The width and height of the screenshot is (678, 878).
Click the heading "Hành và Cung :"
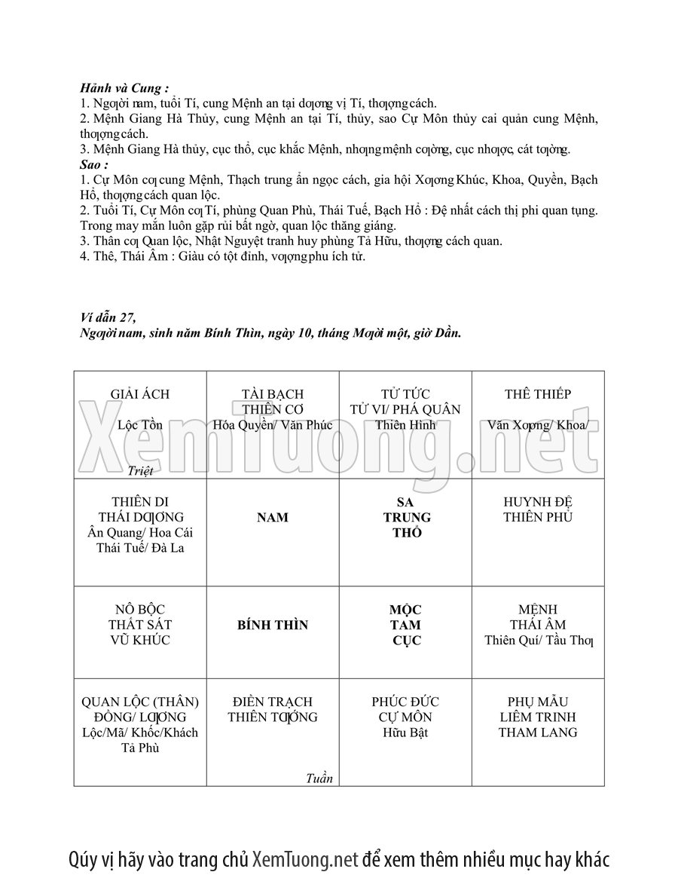point(124,88)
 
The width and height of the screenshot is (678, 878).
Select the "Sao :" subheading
point(94,164)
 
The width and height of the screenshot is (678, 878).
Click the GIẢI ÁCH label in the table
point(140,394)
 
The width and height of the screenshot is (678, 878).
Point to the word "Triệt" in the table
point(140,471)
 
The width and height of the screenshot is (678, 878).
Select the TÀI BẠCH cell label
point(273,394)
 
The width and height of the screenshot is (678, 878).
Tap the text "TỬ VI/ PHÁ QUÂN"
point(405,410)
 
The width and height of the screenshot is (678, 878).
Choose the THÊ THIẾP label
point(538,394)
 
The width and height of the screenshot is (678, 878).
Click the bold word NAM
point(273,518)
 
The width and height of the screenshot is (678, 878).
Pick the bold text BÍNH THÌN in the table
point(273,626)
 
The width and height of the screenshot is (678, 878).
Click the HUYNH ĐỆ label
point(538,502)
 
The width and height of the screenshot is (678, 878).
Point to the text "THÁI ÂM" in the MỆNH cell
point(538,625)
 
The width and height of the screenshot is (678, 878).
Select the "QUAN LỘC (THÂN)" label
point(140,702)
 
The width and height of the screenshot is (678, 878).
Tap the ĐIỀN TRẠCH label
point(273,702)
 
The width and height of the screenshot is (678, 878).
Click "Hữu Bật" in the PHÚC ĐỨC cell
point(405,733)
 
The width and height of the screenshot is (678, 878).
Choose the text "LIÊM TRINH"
point(538,717)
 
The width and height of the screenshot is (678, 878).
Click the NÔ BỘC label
point(140,610)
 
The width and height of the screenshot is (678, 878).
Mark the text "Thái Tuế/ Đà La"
point(140,548)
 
